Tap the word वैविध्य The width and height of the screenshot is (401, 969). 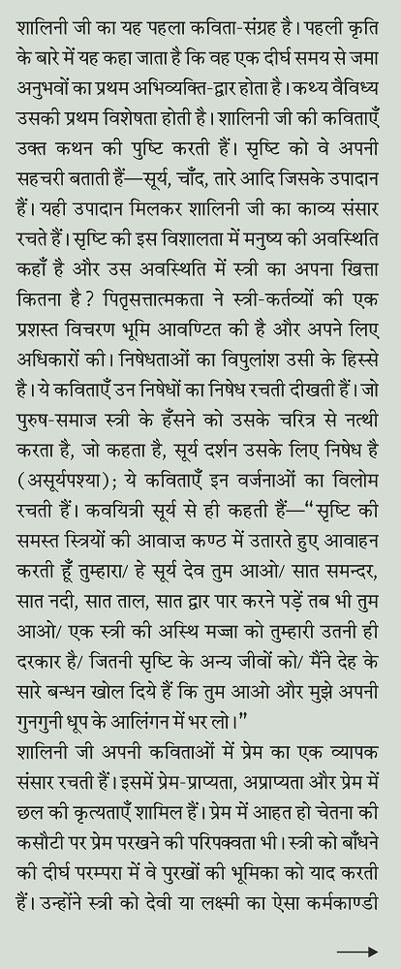tap(362, 98)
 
